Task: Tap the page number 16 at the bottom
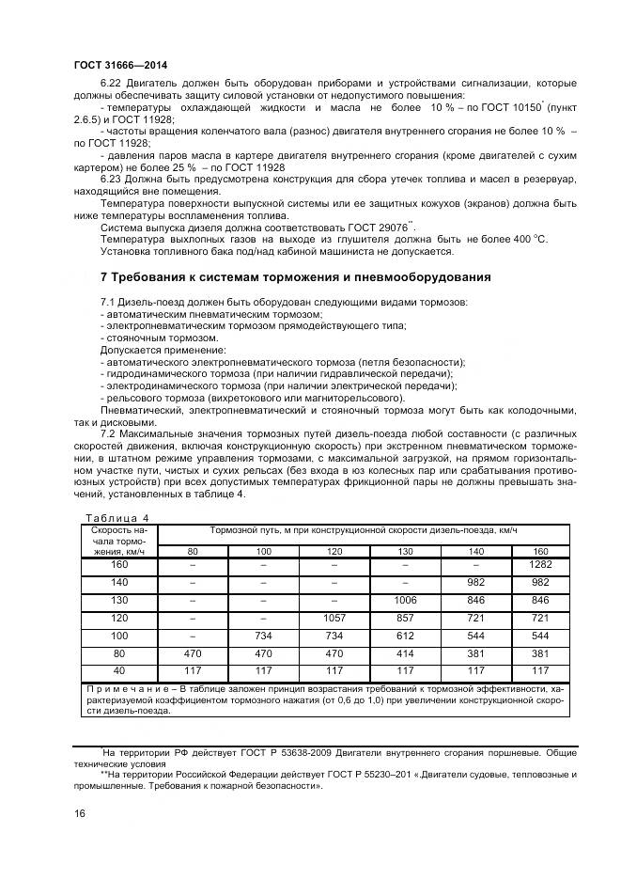click(79, 814)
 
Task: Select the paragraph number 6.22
click(111, 84)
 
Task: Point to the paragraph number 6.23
click(111, 178)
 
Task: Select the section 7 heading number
click(104, 277)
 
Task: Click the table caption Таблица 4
click(116, 517)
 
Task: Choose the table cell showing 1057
click(334, 621)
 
